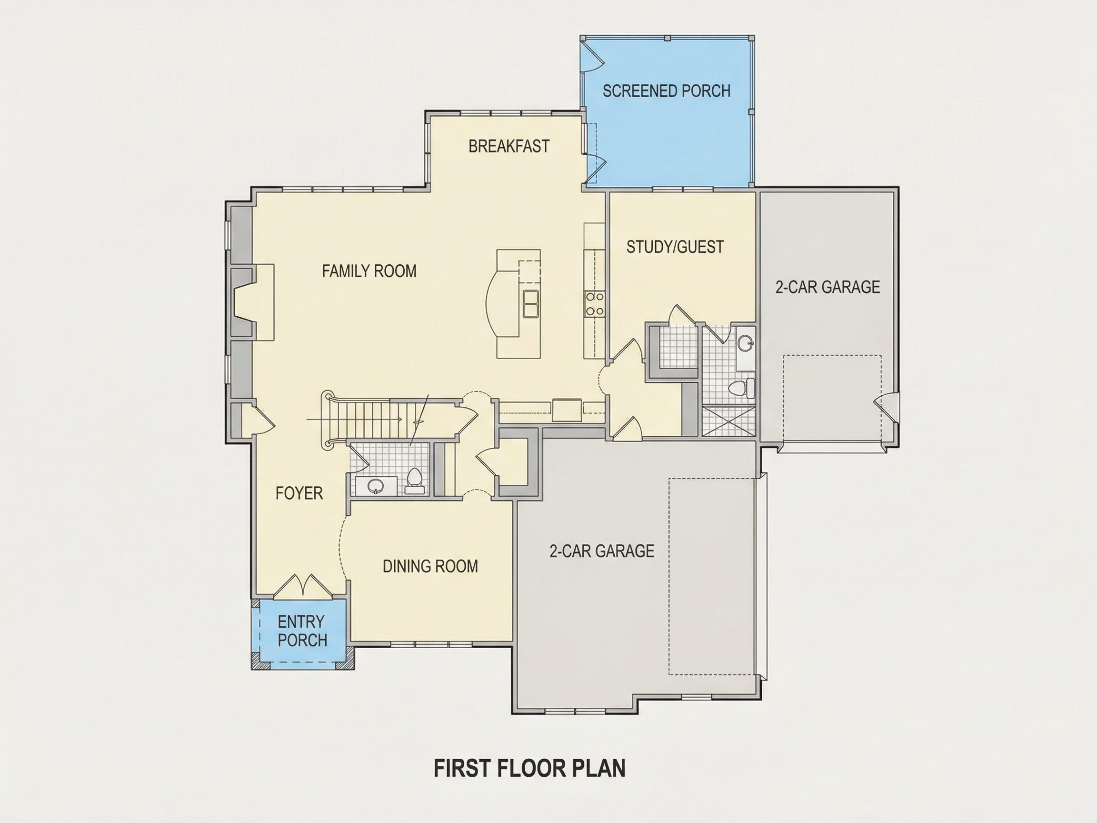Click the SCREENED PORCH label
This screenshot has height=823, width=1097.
(666, 91)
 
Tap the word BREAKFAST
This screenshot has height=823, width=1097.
(509, 146)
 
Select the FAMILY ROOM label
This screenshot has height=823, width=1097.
(369, 271)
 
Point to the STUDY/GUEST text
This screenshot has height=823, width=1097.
(675, 247)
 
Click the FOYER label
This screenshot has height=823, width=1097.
(299, 493)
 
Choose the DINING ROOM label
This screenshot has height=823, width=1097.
(430, 566)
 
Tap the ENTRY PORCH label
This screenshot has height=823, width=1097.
(301, 631)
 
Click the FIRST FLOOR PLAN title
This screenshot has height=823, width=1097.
(529, 767)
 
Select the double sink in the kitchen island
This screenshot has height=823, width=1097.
(531, 302)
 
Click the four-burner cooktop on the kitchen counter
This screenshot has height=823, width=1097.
(595, 303)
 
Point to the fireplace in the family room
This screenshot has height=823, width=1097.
(253, 302)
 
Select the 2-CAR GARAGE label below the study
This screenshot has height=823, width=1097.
(601, 551)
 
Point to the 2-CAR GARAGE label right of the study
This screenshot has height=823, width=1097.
(828, 287)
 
